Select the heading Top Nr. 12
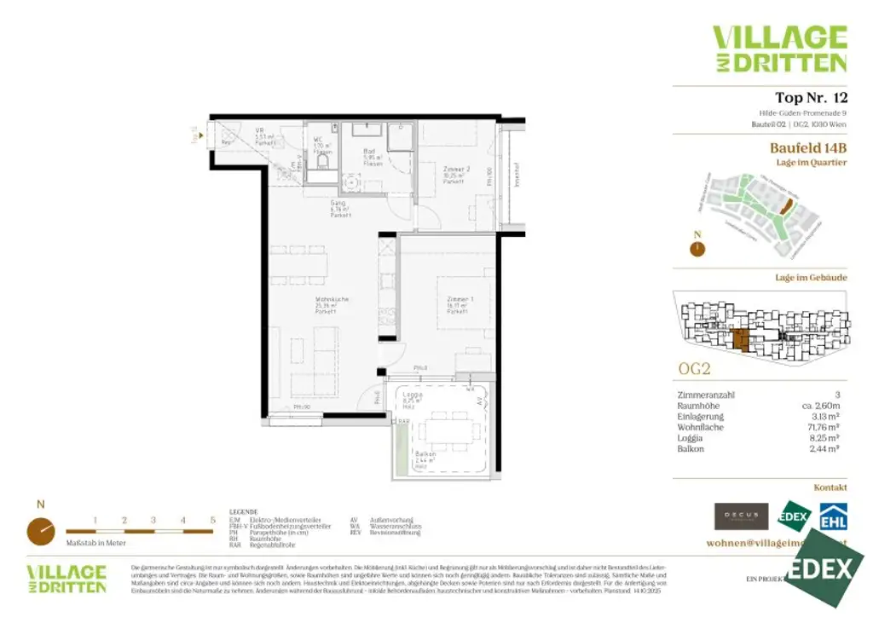pos(810,97)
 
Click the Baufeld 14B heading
pos(808,147)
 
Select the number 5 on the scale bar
pos(212,519)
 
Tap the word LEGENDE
pos(244,512)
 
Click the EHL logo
pos(832,516)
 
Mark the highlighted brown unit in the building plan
pos(741,340)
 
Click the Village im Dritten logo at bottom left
pos(66,579)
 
